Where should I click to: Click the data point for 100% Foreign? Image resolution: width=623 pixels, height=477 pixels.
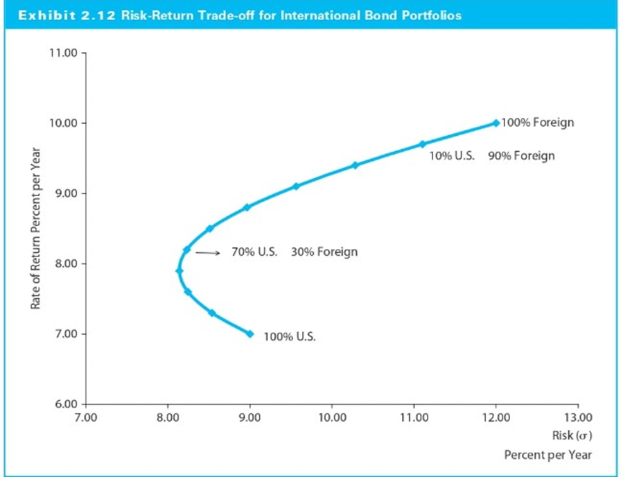coord(495,123)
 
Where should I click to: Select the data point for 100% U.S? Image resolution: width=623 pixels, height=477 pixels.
coord(249,333)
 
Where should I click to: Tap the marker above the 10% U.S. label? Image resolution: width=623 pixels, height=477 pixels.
coord(422,144)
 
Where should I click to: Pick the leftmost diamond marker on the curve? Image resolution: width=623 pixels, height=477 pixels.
coord(179,271)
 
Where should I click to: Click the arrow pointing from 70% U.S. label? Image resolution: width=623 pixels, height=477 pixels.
coord(207,253)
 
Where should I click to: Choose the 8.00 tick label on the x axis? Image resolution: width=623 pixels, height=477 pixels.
coord(167,417)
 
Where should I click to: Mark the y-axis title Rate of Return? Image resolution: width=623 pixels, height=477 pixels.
coord(35,229)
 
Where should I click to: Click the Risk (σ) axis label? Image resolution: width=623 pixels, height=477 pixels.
coord(572,435)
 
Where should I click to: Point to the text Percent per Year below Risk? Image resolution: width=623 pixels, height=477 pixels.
coord(548,455)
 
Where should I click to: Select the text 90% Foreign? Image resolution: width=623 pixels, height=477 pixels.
coord(520,155)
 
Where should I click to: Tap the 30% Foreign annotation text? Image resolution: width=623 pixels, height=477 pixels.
coord(324,252)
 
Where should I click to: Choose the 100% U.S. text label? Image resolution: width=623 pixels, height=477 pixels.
coord(290,337)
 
